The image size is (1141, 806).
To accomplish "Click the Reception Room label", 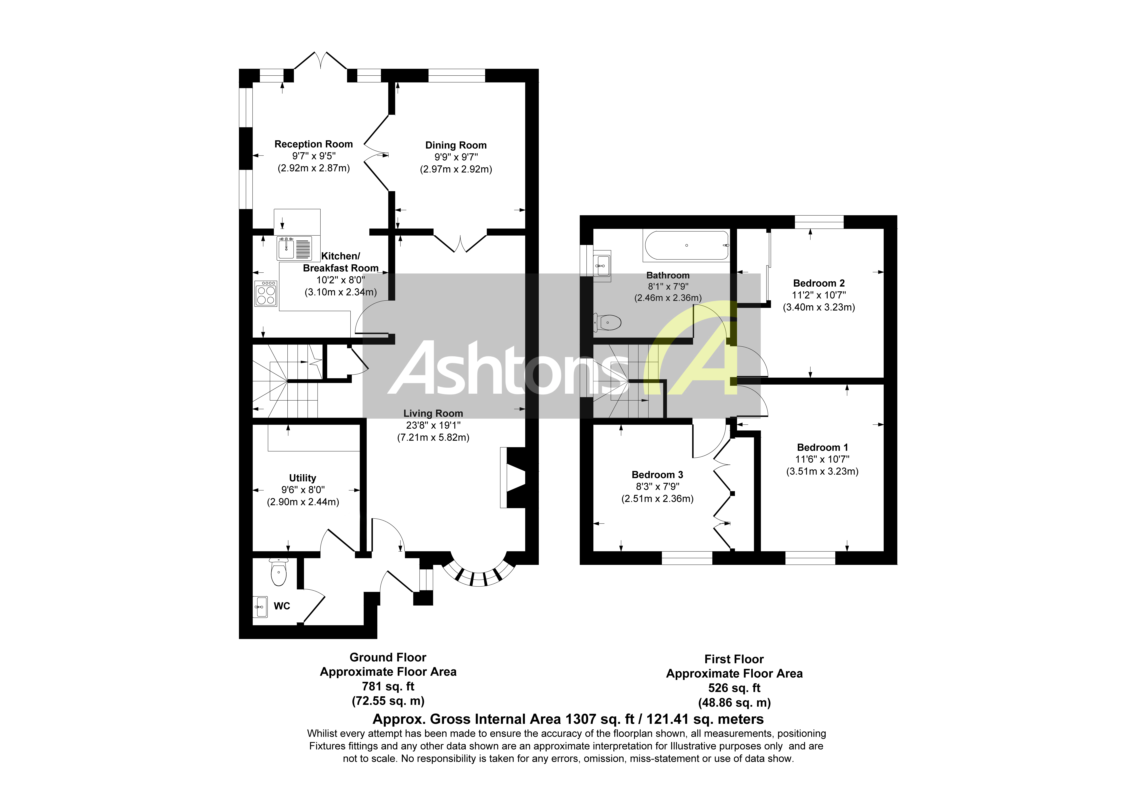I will (314, 144).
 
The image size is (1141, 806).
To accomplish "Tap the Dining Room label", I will (456, 145).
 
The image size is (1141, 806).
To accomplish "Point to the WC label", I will (282, 606).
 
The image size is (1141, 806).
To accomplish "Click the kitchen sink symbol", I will (294, 248).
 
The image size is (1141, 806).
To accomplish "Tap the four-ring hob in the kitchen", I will (266, 293).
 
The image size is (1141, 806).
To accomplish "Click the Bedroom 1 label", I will (822, 447).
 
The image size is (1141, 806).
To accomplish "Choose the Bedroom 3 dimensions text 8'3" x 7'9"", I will (658, 486).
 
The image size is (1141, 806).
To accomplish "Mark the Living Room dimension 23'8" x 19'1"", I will (433, 425).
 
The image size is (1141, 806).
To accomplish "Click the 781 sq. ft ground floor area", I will (388, 686).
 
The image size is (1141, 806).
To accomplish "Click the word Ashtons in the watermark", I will (502, 369).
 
